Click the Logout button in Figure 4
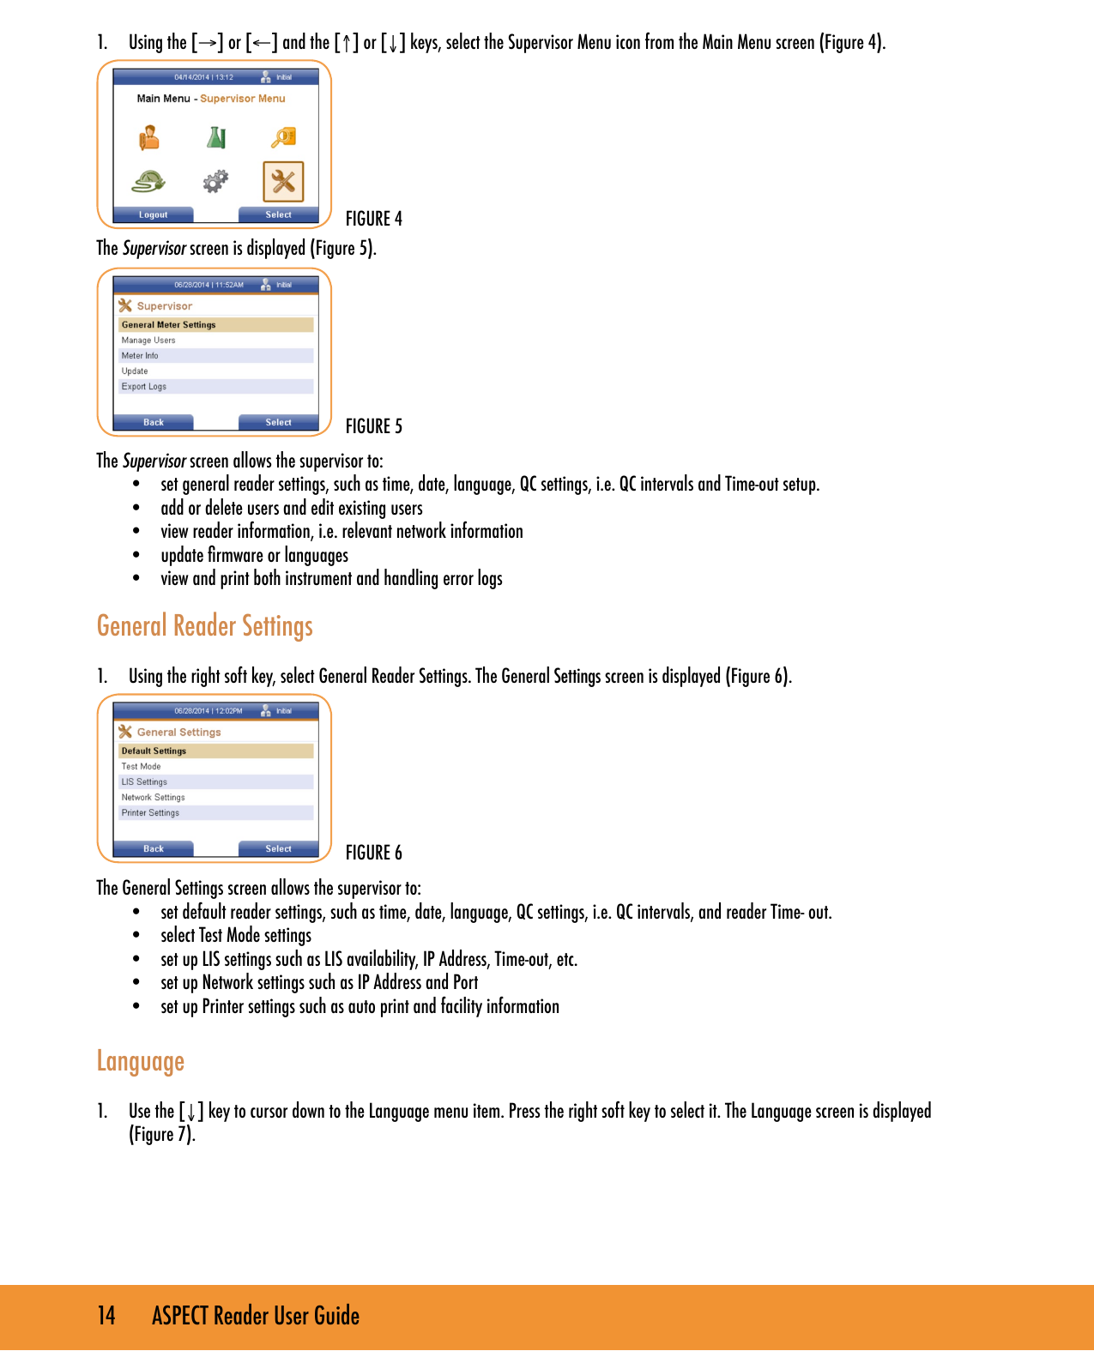click(x=154, y=214)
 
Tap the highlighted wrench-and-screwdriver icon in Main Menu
click(x=283, y=181)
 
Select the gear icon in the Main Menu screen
click(x=215, y=181)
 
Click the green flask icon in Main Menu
click(x=216, y=137)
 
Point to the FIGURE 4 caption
click(x=373, y=219)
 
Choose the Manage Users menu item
click(x=148, y=341)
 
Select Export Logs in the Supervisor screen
click(x=144, y=387)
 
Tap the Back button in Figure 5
click(x=154, y=422)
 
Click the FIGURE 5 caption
click(x=373, y=426)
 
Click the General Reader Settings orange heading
click(x=204, y=626)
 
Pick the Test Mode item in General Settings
click(x=141, y=767)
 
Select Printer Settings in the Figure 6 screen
click(x=150, y=813)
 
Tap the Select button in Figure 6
click(x=278, y=848)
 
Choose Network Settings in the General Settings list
click(x=153, y=798)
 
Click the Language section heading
click(x=140, y=1062)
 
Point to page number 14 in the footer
click(x=106, y=1316)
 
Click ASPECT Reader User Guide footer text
click(x=255, y=1316)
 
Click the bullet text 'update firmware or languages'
click(x=254, y=556)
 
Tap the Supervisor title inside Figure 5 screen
click(x=164, y=306)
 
